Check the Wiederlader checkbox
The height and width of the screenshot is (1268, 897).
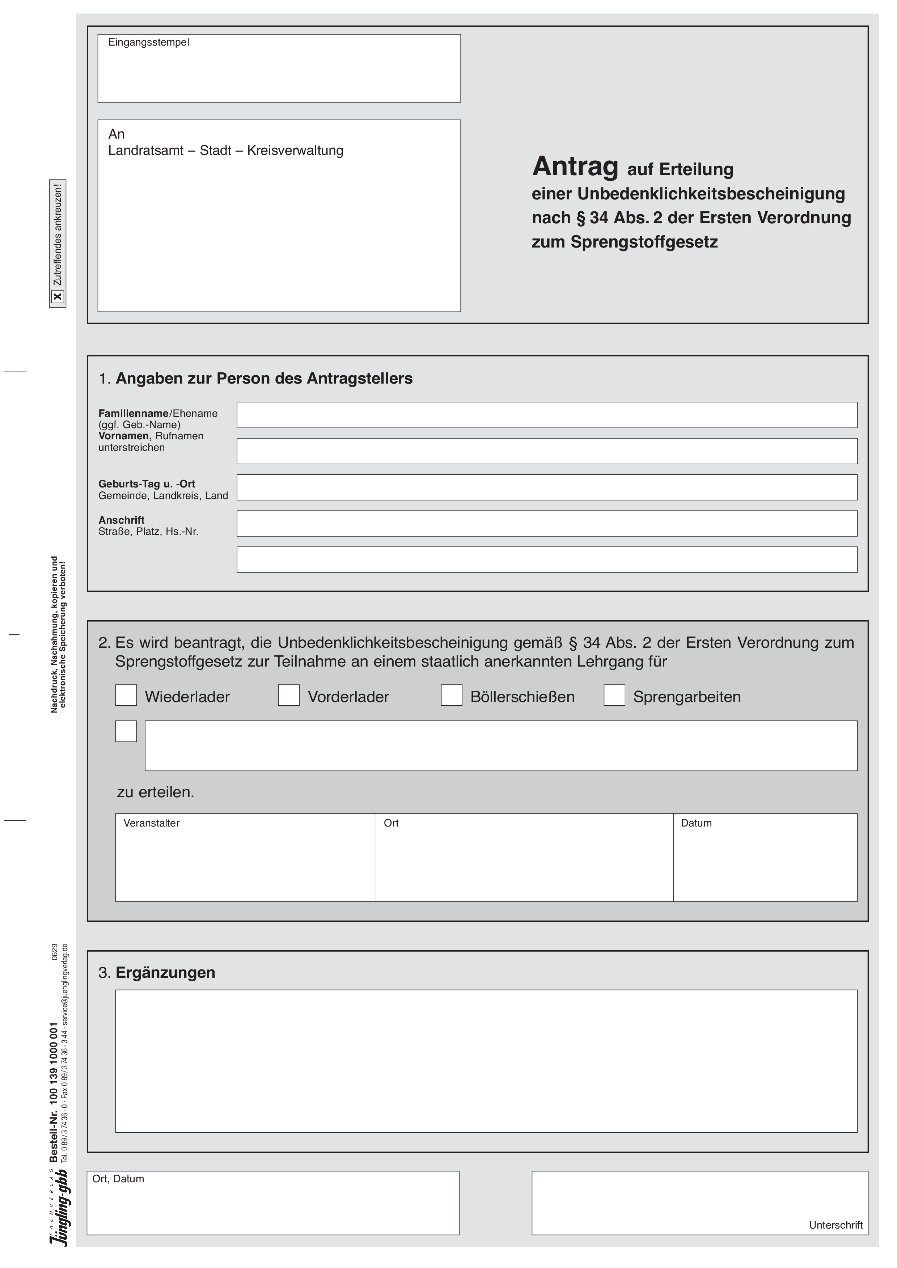[126, 695]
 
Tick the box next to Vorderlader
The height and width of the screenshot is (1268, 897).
[288, 695]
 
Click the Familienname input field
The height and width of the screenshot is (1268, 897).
[546, 415]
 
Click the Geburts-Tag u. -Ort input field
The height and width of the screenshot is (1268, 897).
[546, 487]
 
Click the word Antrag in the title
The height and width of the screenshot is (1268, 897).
[575, 166]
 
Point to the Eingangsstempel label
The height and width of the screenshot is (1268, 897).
[149, 43]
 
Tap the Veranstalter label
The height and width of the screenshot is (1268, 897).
[151, 823]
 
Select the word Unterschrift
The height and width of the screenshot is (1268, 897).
[836, 1225]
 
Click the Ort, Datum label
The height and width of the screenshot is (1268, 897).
[118, 1179]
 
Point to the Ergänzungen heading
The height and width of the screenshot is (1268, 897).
[165, 973]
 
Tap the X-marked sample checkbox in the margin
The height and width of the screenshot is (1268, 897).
[58, 297]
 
